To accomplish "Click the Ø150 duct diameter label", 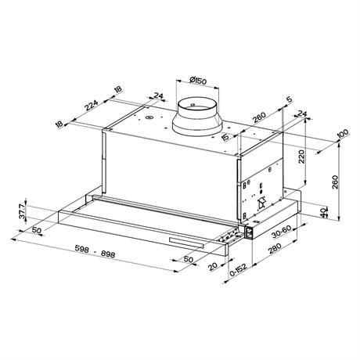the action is (198, 81).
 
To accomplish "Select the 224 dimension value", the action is (91, 106).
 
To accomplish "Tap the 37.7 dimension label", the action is (22, 211).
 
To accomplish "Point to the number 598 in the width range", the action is (81, 248).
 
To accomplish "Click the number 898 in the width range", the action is (107, 254).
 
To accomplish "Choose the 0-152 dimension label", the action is (239, 270).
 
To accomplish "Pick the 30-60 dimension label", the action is (281, 232).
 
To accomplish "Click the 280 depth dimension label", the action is (275, 248).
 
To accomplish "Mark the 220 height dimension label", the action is (301, 157).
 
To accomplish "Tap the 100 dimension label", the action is (343, 134).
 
